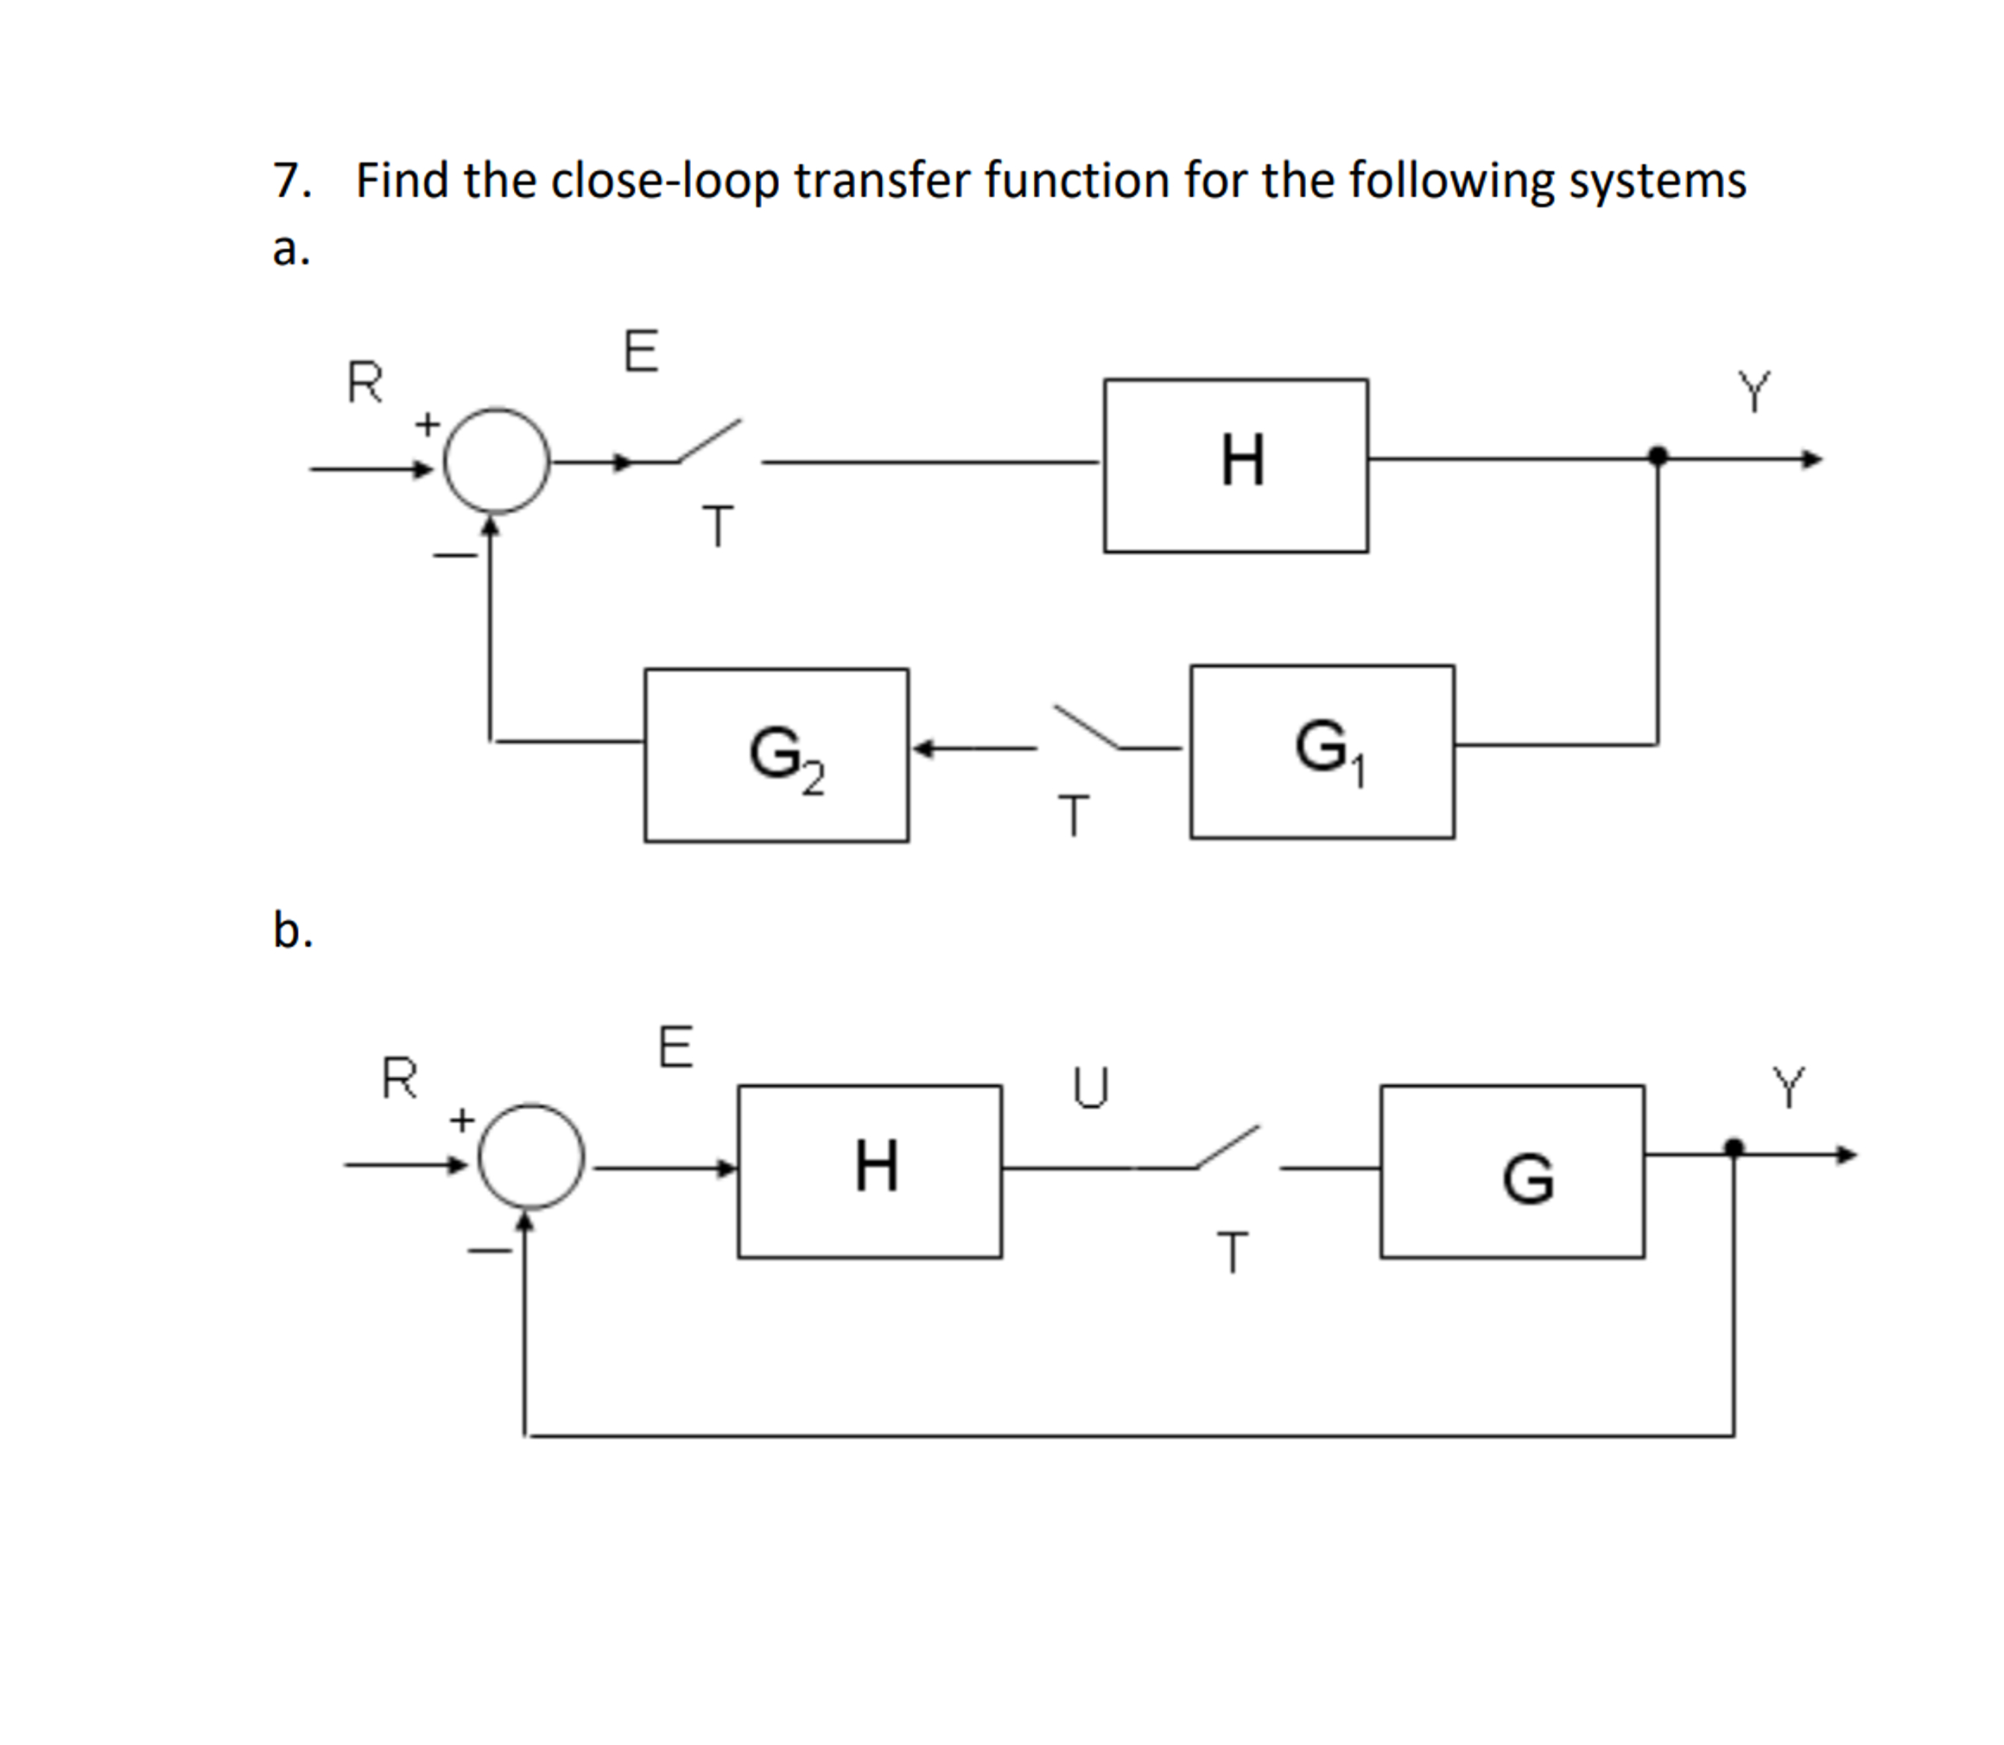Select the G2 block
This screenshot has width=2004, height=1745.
776,755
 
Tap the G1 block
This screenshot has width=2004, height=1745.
1322,751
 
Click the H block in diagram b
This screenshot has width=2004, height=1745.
870,1171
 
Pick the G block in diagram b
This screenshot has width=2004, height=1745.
1512,1171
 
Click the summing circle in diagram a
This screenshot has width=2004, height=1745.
497,460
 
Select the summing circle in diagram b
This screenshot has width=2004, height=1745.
530,1156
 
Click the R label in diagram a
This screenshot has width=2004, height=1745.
365,382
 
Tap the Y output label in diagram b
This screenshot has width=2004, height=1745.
1788,1087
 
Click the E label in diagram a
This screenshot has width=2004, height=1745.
641,352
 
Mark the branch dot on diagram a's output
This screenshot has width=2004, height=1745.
1658,456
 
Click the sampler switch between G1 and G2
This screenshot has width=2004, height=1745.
1088,728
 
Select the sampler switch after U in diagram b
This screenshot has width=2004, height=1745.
1227,1147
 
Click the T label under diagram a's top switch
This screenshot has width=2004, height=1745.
718,527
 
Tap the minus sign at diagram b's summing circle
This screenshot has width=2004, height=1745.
489,1251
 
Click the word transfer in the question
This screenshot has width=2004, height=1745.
881,181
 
